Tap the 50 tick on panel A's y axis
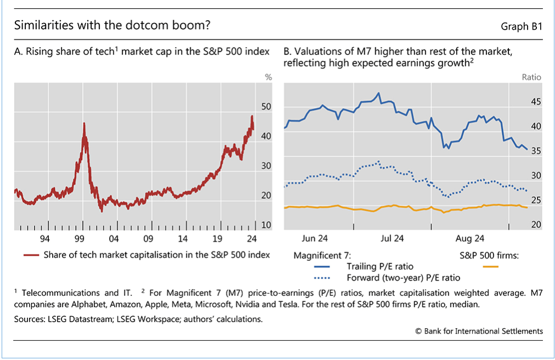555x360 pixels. point(266,106)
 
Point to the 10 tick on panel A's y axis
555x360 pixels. point(266,225)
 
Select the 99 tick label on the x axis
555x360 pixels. point(80,238)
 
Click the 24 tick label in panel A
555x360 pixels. point(252,238)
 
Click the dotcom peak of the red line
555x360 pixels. point(84,123)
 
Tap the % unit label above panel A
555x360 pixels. point(268,77)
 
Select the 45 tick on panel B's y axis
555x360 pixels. point(536,102)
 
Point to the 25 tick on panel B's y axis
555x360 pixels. point(536,201)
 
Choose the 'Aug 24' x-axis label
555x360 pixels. point(471,238)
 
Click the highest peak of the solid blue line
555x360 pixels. point(378,93)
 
